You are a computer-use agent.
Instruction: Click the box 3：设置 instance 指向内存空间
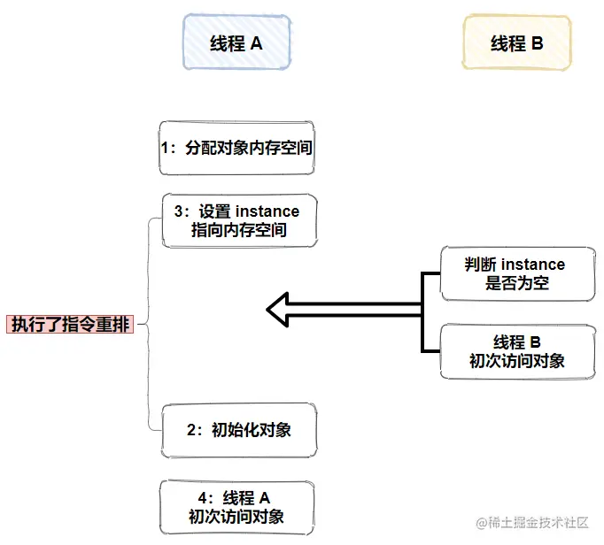(237, 221)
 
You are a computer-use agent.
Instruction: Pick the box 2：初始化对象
(238, 431)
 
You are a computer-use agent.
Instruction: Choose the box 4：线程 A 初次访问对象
(236, 507)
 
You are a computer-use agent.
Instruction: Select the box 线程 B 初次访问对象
(516, 350)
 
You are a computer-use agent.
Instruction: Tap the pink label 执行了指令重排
(70, 324)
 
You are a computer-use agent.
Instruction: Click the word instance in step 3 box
(267, 211)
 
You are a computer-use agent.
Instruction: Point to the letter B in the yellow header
(538, 43)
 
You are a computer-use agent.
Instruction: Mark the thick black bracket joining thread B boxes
(422, 310)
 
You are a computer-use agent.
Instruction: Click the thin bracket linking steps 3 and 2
(148, 324)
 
